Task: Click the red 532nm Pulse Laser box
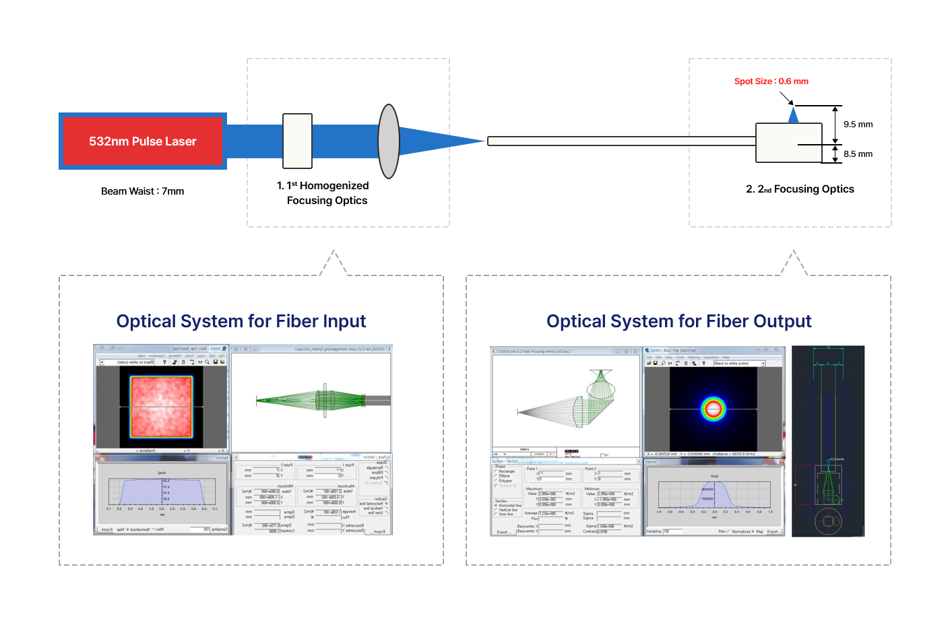pyautogui.click(x=143, y=141)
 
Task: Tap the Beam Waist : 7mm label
pyautogui.click(x=142, y=191)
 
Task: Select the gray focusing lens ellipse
pyautogui.click(x=389, y=141)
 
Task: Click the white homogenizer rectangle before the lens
pyautogui.click(x=297, y=141)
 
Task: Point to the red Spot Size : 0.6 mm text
pyautogui.click(x=771, y=81)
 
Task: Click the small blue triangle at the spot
pyautogui.click(x=794, y=116)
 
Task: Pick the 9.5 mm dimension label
pyautogui.click(x=858, y=125)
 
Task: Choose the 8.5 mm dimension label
pyautogui.click(x=858, y=154)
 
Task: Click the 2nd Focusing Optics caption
pyautogui.click(x=800, y=189)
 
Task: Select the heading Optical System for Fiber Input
pyautogui.click(x=241, y=321)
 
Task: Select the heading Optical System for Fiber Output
pyautogui.click(x=678, y=321)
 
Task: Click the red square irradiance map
pyautogui.click(x=162, y=406)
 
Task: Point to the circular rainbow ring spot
pyautogui.click(x=713, y=408)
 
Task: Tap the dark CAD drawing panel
pyautogui.click(x=827, y=441)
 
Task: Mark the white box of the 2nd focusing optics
pyautogui.click(x=788, y=143)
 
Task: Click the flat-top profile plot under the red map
pyautogui.click(x=162, y=492)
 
